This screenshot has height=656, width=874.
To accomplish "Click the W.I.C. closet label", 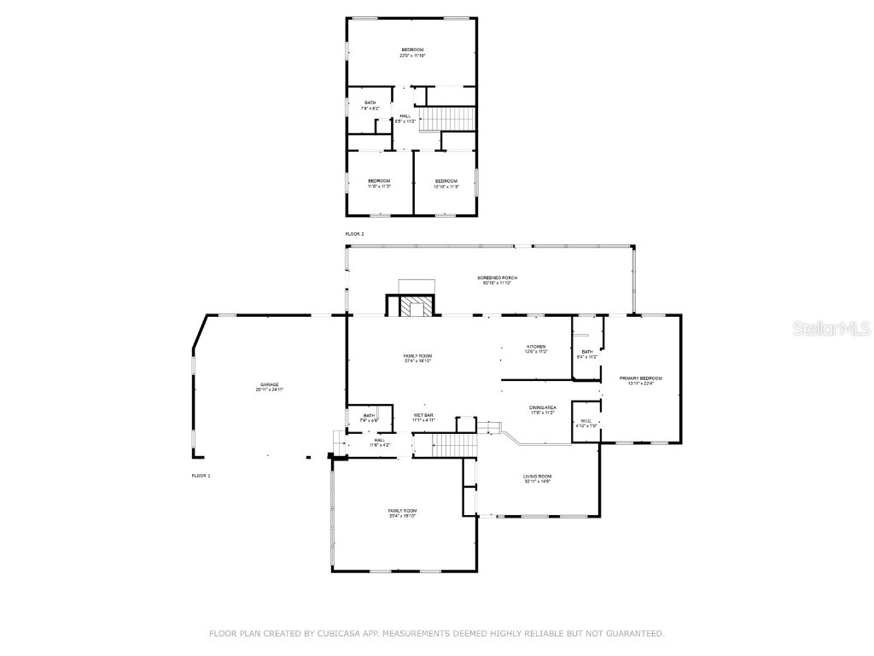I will (586, 422).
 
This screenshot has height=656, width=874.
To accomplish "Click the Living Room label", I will (538, 478).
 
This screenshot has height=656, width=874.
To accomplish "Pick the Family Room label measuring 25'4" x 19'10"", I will (402, 512).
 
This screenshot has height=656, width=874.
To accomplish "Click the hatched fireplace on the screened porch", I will (417, 307).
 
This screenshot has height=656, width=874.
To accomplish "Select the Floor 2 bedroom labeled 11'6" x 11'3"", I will (379, 183).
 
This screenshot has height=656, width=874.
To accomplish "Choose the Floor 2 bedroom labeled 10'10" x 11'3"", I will (446, 183).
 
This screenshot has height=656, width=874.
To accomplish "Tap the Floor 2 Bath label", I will (370, 105).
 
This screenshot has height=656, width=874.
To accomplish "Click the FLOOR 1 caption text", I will (201, 474).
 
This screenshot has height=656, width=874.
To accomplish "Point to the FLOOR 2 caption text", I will (354, 233).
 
